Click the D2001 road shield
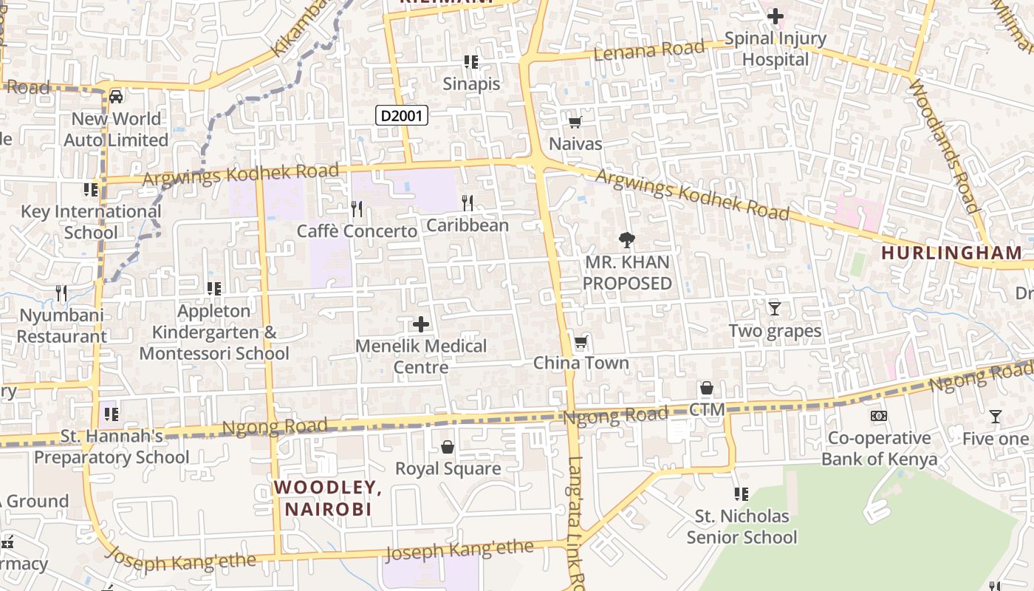point(402,115)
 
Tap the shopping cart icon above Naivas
point(575,122)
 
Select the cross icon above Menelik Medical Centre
point(420,324)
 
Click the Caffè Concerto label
point(357,231)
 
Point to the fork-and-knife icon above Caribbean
point(467,203)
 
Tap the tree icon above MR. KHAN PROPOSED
point(626,239)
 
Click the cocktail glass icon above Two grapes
point(774,309)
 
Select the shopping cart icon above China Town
point(581,342)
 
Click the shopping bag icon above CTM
point(706,388)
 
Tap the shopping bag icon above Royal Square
point(447,447)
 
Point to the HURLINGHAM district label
point(951,253)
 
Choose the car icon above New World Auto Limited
point(116,97)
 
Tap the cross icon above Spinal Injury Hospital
point(775,16)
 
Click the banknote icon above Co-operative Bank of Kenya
point(878,416)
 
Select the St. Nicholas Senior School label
point(742,526)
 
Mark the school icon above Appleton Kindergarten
point(213,289)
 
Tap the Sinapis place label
point(471,83)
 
